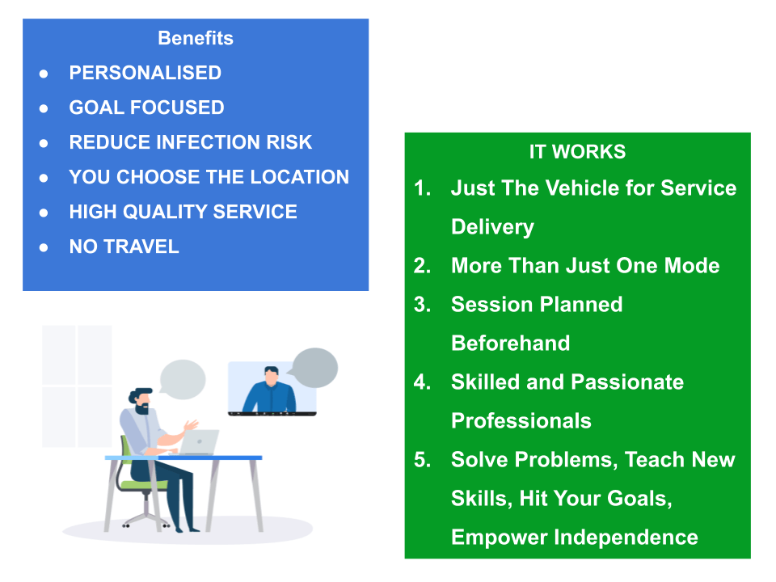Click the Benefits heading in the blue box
(196, 38)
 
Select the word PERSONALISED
(145, 73)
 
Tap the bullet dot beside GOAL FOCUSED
(44, 108)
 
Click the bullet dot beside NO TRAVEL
(44, 247)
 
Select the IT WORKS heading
(577, 151)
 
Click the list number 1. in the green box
(422, 188)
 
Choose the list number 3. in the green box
(422, 305)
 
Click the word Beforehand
(511, 343)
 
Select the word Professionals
(521, 420)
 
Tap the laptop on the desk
(198, 442)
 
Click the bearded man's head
(141, 401)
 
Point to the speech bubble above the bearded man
(183, 379)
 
